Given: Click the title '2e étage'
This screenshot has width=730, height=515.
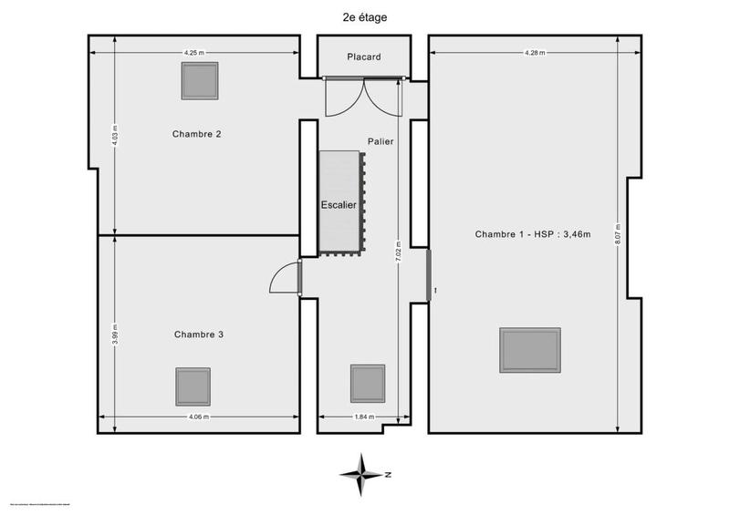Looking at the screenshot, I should [364, 15].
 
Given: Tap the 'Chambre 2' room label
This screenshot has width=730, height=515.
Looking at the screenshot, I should [197, 134].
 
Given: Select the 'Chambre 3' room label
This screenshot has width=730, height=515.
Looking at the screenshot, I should [199, 335].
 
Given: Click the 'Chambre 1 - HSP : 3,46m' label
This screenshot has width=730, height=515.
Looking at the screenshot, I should [533, 234].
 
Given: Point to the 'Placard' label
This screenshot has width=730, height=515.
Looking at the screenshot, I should [363, 57].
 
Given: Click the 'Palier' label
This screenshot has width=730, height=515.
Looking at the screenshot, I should [381, 142].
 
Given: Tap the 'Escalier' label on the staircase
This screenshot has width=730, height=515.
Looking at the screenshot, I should [339, 205].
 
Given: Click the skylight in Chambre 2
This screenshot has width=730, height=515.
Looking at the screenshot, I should [199, 81].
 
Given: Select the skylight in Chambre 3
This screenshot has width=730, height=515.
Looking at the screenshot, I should [193, 386].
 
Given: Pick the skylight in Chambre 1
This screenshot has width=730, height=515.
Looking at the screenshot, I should [530, 351].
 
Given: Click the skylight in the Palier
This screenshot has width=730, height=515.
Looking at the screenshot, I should [369, 383].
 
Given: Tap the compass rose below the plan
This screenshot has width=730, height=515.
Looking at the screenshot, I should [364, 473].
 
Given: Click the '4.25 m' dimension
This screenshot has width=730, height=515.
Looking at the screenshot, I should [193, 53].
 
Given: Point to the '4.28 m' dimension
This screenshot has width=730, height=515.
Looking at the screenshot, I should [535, 53].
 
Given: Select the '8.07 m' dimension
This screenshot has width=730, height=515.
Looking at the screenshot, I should [618, 234].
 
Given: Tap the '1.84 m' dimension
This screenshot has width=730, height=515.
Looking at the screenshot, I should [363, 417].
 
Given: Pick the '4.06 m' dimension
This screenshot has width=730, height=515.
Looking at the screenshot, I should [199, 417].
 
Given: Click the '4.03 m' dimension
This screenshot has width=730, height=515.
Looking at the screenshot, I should [114, 134].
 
